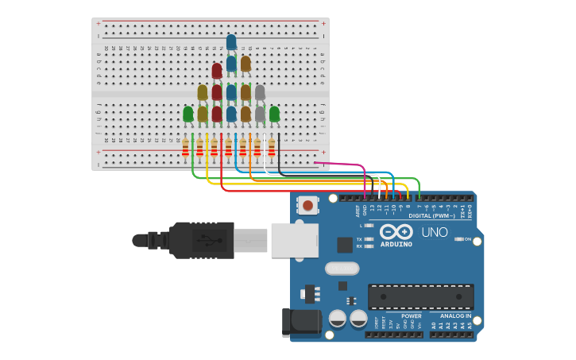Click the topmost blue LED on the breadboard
(231, 41)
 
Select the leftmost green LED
(188, 114)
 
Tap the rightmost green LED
(274, 114)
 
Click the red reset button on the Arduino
(307, 206)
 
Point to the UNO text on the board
(434, 233)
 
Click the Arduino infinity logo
(396, 231)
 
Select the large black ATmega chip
(421, 296)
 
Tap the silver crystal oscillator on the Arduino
(342, 269)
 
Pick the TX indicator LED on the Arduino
(369, 238)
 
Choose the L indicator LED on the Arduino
(369, 226)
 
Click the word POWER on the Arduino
(412, 315)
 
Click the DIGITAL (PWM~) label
(432, 215)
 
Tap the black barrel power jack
(303, 323)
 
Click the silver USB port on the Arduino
(294, 240)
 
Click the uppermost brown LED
(245, 63)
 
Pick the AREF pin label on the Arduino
(358, 211)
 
